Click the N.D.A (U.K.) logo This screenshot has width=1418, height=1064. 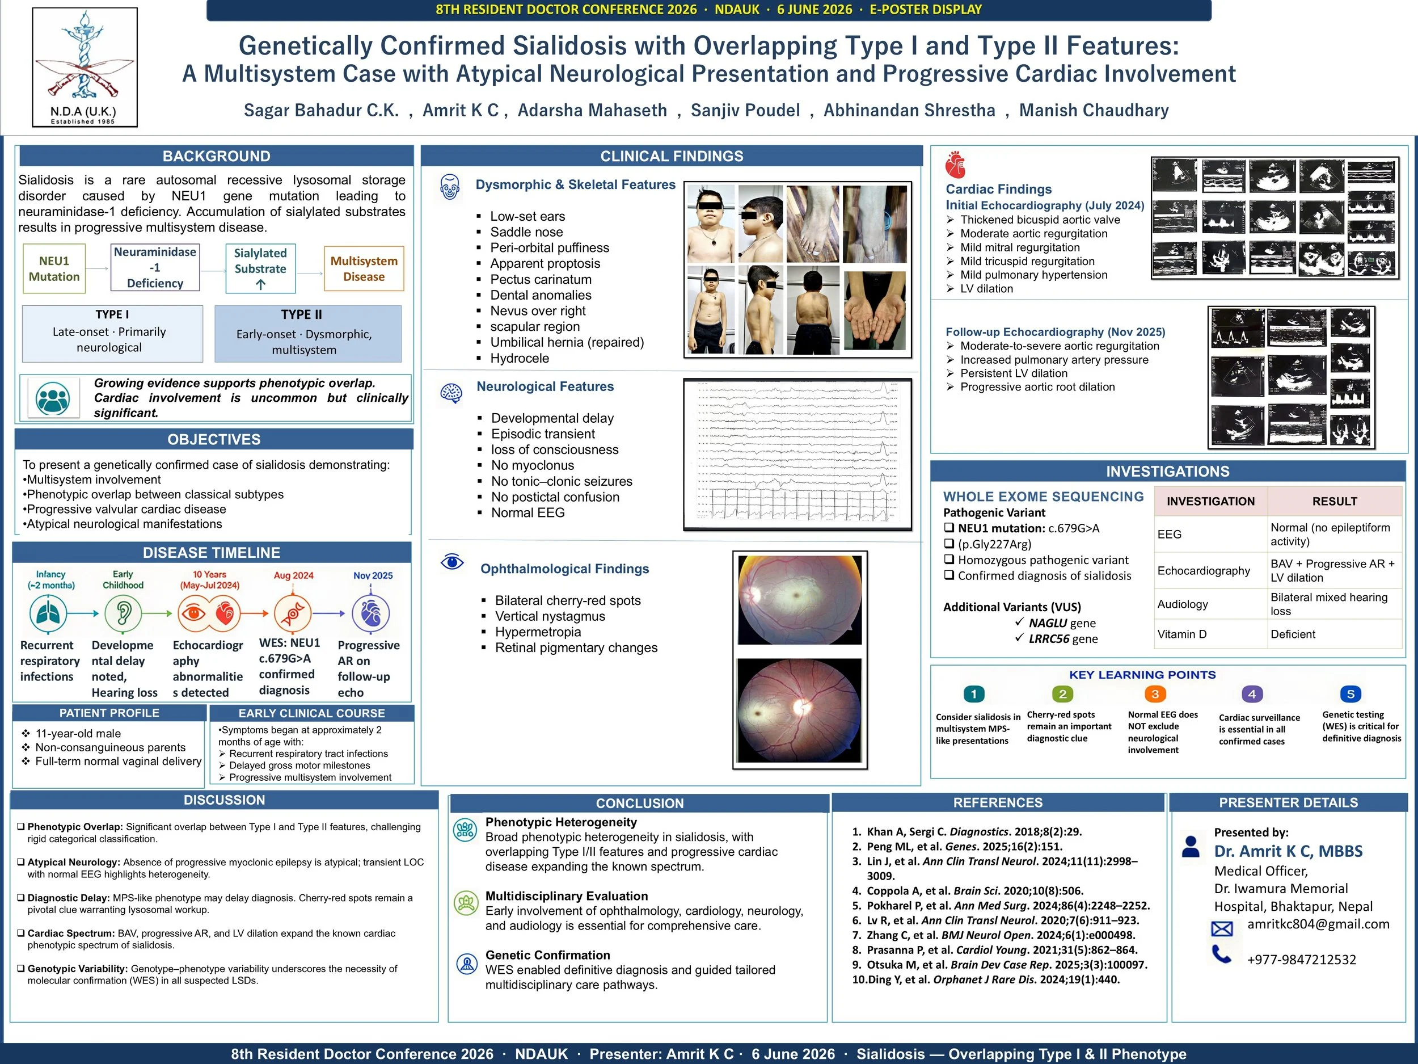[x=85, y=67]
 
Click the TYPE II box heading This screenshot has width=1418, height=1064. [x=301, y=314]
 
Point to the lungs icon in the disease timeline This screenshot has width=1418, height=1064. [x=48, y=613]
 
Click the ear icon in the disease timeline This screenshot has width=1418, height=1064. [x=123, y=613]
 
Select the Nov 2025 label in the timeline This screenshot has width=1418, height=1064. [x=373, y=575]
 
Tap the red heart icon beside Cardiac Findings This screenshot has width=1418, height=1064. [x=955, y=165]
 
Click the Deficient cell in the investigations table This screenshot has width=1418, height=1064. [x=1293, y=634]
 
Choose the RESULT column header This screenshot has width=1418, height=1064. [x=1335, y=502]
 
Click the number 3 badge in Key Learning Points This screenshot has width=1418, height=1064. [x=1155, y=694]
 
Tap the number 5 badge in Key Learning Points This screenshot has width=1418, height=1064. [x=1351, y=694]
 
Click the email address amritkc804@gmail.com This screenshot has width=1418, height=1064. [x=1319, y=924]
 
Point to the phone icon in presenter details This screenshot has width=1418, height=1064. [x=1222, y=955]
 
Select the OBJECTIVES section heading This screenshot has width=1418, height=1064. [x=214, y=439]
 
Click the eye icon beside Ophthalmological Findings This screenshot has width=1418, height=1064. [x=453, y=562]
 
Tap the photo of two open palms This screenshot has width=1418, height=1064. [x=875, y=310]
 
